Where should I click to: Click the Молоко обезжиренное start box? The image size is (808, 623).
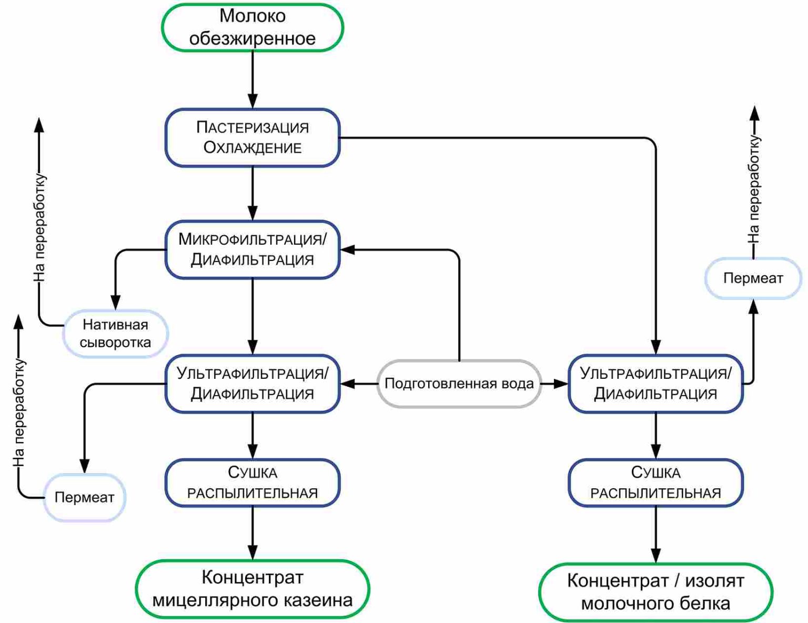tap(252, 27)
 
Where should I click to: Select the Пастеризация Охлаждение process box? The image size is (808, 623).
tap(252, 137)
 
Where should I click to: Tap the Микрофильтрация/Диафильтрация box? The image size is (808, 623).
tap(252, 249)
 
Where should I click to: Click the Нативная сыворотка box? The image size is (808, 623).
tap(115, 334)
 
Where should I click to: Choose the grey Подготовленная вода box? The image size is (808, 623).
tap(459, 384)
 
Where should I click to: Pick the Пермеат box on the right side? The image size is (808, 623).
tap(753, 278)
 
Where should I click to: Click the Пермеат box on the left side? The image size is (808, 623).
tap(84, 497)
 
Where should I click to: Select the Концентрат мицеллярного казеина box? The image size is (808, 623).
tap(252, 589)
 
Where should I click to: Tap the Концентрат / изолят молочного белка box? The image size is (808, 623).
tap(655, 592)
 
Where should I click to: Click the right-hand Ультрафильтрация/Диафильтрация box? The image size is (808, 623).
tap(655, 384)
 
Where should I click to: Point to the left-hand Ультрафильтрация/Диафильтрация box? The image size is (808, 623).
tap(252, 384)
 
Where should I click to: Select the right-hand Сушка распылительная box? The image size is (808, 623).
tap(655, 483)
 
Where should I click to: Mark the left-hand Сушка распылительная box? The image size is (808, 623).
tap(252, 483)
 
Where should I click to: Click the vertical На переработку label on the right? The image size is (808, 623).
tap(754, 189)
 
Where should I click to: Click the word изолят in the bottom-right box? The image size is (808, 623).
tap(714, 581)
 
